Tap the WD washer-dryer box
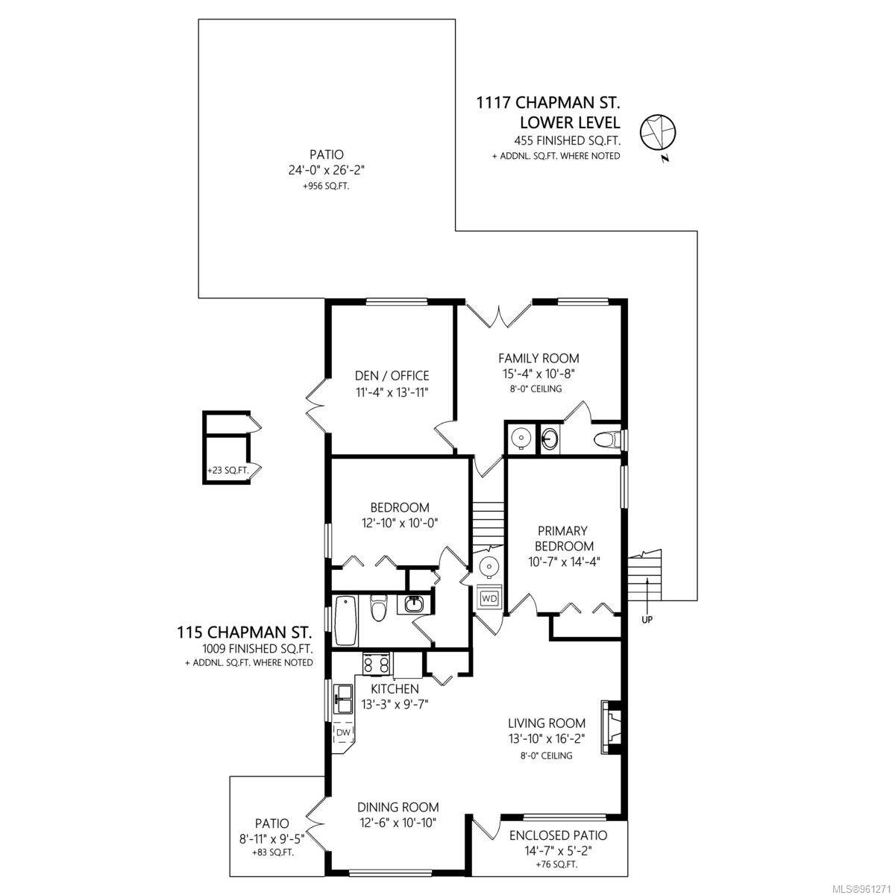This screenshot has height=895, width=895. coord(489,598)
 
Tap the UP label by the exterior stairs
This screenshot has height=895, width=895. coord(647,619)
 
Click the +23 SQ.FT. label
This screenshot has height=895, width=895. coord(228,470)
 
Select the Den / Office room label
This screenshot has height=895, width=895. coord(392,375)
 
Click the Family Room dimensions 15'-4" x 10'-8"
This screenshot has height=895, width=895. coord(538,373)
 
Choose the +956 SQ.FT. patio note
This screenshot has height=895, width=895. coord(326,186)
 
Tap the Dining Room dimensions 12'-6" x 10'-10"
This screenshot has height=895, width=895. coord(398,823)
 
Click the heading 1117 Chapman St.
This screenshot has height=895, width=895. coord(548,102)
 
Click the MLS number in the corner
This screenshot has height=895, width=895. coord(862,888)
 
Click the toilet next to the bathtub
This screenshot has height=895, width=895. coord(378,608)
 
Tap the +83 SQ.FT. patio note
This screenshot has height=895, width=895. coord(273,852)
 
